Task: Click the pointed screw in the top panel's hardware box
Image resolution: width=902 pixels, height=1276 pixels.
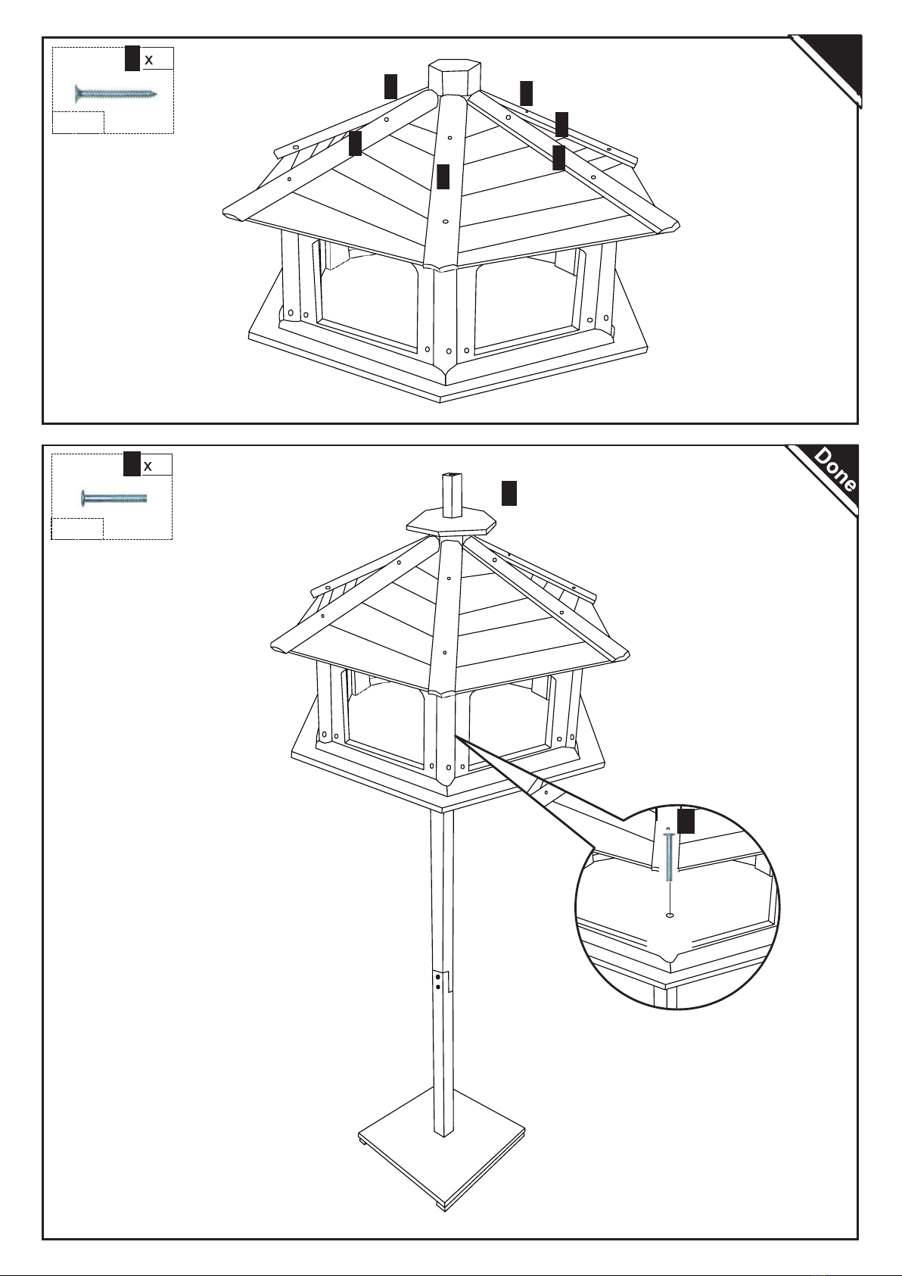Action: pyautogui.click(x=116, y=93)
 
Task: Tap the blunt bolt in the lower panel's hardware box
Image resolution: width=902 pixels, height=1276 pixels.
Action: pyautogui.click(x=114, y=498)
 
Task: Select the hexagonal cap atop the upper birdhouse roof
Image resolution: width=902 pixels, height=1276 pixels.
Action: pyautogui.click(x=454, y=77)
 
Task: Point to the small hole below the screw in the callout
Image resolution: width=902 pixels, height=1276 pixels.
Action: pyautogui.click(x=670, y=916)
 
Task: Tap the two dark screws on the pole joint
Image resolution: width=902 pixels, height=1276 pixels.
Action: pyautogui.click(x=437, y=981)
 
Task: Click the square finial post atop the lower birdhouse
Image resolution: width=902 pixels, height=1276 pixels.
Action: pyautogui.click(x=453, y=494)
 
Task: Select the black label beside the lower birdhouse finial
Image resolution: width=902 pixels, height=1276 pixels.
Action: pyautogui.click(x=509, y=493)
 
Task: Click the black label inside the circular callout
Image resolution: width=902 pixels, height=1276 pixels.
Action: pyautogui.click(x=686, y=821)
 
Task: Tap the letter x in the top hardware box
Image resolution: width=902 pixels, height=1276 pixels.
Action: pyautogui.click(x=148, y=60)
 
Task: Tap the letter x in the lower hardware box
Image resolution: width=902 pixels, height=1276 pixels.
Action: pyautogui.click(x=148, y=466)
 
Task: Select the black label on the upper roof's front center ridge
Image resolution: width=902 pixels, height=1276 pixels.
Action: pyautogui.click(x=443, y=176)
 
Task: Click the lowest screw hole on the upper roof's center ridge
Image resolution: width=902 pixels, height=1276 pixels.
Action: pyautogui.click(x=445, y=222)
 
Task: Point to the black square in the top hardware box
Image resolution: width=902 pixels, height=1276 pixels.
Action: pyautogui.click(x=132, y=58)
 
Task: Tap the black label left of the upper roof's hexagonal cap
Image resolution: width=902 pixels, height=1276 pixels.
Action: pyautogui.click(x=390, y=86)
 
